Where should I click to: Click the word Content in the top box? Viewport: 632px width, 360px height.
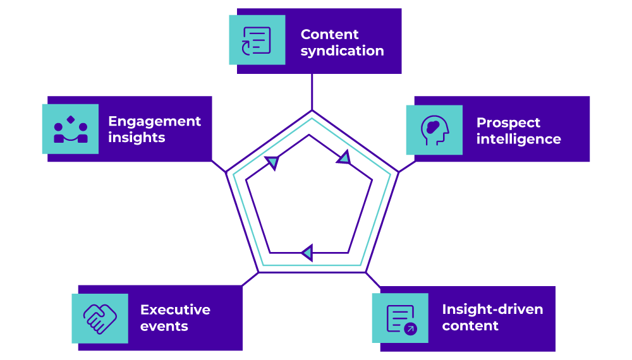click(x=329, y=35)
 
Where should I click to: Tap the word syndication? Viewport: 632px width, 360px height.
click(x=342, y=51)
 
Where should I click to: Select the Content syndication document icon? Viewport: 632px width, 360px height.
click(x=257, y=40)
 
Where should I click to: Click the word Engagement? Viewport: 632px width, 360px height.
click(x=154, y=121)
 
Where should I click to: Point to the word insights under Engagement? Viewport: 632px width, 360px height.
click(x=137, y=138)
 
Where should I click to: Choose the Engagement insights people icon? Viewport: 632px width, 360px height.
click(x=70, y=129)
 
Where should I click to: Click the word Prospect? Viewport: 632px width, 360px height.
click(x=508, y=123)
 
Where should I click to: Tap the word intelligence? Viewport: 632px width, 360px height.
click(x=518, y=139)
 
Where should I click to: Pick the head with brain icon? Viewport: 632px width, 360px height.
click(x=434, y=130)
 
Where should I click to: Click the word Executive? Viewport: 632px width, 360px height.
click(x=175, y=310)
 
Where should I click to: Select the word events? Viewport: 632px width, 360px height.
click(x=164, y=327)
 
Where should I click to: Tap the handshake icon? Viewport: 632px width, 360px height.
click(x=100, y=318)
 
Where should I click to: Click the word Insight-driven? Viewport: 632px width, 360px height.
click(x=492, y=309)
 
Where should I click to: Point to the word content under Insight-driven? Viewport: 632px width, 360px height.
click(x=470, y=326)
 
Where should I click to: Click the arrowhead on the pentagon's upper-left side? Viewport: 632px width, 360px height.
click(x=272, y=163)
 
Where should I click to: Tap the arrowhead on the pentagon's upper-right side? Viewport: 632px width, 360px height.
click(x=343, y=158)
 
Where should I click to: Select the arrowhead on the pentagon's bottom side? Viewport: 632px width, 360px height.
click(x=307, y=253)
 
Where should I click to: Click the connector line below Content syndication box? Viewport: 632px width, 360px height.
click(x=312, y=92)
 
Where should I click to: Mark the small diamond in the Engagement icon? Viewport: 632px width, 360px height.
click(x=71, y=119)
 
